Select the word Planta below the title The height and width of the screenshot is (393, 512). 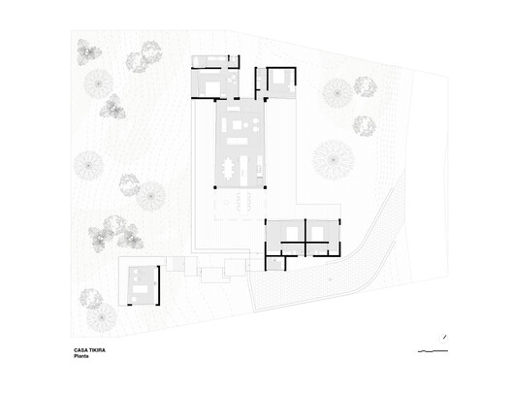coord(83,357)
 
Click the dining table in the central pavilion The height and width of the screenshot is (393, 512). coord(229,170)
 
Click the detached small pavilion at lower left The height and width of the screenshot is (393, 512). coord(142,284)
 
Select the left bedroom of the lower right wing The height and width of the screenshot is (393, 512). coord(285,236)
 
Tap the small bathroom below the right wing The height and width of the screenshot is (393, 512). coord(276,262)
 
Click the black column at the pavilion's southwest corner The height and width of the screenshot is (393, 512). coord(215,187)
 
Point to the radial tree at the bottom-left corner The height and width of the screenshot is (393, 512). coord(101,315)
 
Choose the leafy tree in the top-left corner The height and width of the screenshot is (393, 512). coord(88,51)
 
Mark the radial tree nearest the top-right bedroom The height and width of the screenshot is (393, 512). coord(336,93)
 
